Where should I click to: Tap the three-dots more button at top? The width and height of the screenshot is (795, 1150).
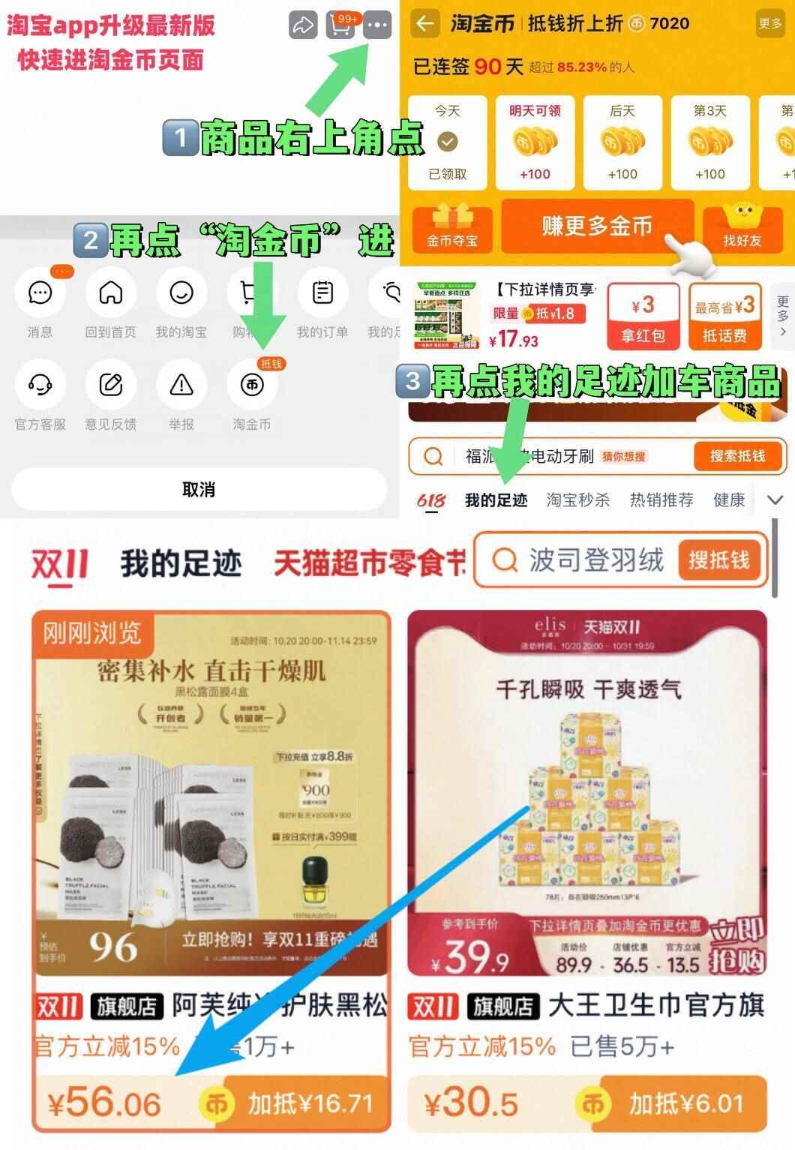[x=377, y=26]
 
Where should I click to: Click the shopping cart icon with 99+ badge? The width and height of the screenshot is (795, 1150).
[x=340, y=26]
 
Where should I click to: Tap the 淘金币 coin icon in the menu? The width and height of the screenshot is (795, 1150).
[x=252, y=385]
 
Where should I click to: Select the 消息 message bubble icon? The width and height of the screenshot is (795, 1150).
[x=40, y=293]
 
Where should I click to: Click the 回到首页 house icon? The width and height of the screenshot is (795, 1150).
[x=111, y=293]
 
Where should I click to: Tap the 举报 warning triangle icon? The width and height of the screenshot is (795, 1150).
[x=181, y=385]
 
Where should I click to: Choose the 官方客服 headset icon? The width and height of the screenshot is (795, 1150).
[x=40, y=385]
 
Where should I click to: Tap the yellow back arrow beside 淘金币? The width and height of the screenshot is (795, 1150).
[x=425, y=24]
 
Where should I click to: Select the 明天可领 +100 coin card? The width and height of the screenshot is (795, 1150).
[x=535, y=143]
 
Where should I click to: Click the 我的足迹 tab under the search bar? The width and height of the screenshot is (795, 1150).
[x=496, y=500]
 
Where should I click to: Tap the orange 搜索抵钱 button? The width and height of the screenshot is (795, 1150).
[x=737, y=456]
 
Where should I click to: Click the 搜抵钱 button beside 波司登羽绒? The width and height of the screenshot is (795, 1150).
[x=719, y=560]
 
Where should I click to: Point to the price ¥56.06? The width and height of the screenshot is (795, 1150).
[x=105, y=1103]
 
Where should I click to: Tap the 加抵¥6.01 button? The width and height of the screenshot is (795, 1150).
[x=685, y=1103]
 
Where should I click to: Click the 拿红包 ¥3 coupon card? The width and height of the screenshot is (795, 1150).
[x=643, y=317]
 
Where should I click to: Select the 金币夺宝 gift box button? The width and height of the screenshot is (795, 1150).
[x=452, y=228]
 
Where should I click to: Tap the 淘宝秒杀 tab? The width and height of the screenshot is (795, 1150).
[x=577, y=500]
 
